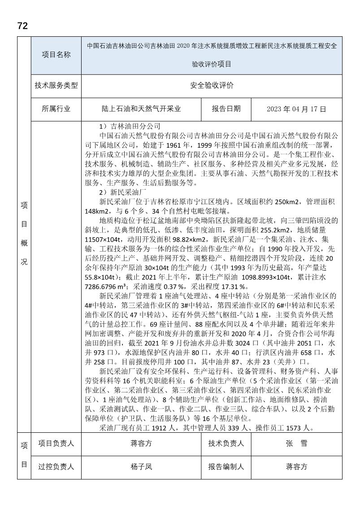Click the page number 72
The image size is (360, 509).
tap(22, 26)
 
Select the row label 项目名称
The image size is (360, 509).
tap(56, 55)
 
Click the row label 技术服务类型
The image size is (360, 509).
tap(56, 85)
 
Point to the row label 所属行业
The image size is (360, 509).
tap(56, 109)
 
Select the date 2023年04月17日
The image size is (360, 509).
tap(296, 109)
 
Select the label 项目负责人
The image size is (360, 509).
tap(56, 444)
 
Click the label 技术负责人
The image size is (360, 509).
tap(226, 444)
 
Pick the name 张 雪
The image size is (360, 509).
tap(296, 444)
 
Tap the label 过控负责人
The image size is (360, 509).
tap(56, 466)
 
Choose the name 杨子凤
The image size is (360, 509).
tap(142, 466)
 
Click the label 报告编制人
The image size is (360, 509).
tap(226, 466)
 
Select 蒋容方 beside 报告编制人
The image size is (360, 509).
tap(296, 466)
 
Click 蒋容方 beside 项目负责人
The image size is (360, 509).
tap(142, 444)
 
